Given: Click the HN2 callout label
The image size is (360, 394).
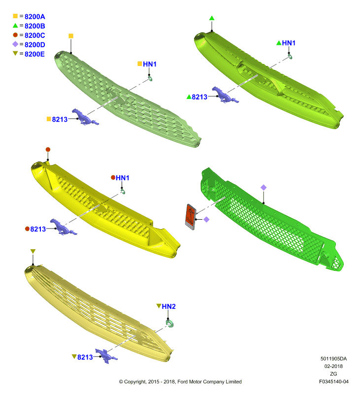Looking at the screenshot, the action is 168,306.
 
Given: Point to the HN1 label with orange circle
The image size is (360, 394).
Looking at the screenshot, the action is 122,178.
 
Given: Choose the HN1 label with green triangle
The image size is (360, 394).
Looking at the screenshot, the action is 289,43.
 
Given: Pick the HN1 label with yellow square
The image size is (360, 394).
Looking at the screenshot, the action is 150,64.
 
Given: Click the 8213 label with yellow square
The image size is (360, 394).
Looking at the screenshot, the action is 60,119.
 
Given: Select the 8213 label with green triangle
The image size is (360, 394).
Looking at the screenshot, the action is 199,97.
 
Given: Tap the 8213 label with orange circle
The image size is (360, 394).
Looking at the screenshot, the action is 38,229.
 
